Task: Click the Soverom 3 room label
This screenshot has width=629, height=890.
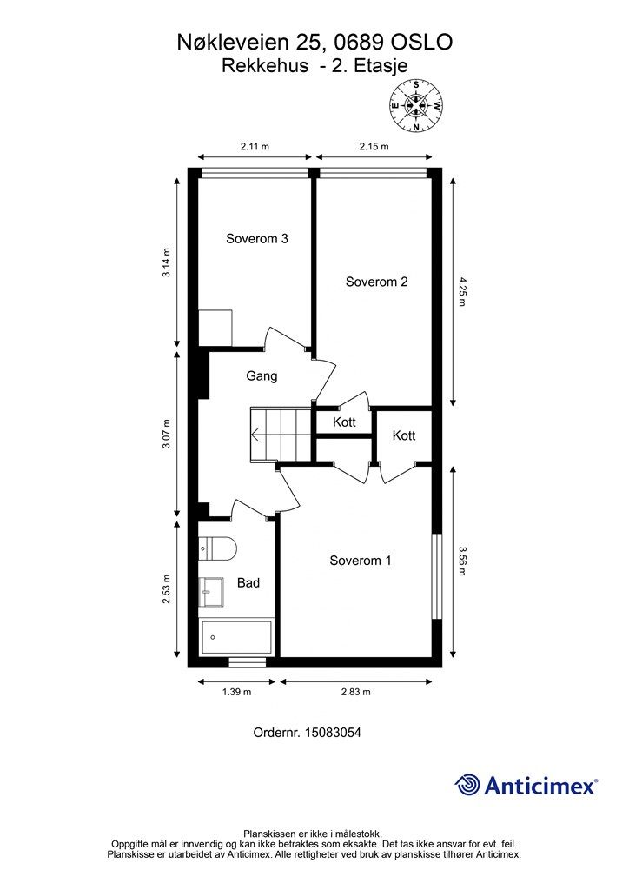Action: (x=257, y=238)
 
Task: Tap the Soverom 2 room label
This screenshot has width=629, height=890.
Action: (x=376, y=282)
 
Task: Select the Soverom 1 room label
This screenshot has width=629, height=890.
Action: (x=361, y=561)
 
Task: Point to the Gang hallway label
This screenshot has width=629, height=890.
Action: (x=262, y=376)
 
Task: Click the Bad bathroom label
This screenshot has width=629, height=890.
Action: (x=248, y=583)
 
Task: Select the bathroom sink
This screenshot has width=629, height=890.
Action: (x=211, y=593)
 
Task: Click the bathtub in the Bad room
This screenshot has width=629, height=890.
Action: (x=236, y=637)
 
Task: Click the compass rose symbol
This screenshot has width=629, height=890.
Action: (x=416, y=105)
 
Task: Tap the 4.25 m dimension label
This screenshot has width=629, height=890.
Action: (x=461, y=292)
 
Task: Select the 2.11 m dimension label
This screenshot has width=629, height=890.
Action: (x=255, y=146)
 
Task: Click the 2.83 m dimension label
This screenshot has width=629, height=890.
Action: (x=355, y=692)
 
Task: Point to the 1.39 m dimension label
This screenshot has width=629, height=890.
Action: (x=236, y=692)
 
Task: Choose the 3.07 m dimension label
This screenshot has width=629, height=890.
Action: (x=166, y=434)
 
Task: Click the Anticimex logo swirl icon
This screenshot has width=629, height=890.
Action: (x=467, y=785)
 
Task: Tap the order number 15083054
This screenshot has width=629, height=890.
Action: (x=333, y=733)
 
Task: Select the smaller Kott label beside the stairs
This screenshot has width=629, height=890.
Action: (x=344, y=422)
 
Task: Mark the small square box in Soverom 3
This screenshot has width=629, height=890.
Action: (x=215, y=328)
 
